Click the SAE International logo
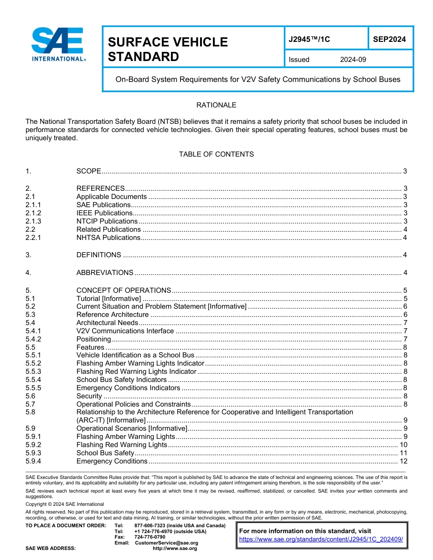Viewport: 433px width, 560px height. point(58,45)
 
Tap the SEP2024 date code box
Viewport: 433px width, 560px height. point(389,40)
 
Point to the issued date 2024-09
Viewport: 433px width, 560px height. point(353,60)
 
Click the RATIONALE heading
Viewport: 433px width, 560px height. point(216,105)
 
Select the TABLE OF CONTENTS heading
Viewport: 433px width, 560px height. point(216,154)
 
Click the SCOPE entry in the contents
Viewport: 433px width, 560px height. point(88,171)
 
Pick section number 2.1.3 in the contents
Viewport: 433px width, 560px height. point(34,221)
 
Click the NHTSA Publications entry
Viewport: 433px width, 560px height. point(108,238)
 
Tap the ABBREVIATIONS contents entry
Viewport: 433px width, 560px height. point(105,273)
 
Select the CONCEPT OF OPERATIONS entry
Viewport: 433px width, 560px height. point(124,290)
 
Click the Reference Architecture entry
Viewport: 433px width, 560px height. point(113,315)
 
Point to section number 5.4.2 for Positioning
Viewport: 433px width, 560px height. point(34,339)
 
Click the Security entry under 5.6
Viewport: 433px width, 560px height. point(89,396)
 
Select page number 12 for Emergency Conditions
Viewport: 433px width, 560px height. point(403,461)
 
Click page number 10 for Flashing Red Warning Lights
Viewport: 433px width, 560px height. point(403,445)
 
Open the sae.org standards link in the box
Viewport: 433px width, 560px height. point(321,539)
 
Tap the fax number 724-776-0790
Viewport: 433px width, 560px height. point(149,537)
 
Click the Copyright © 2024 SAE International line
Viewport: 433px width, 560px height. point(65,504)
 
